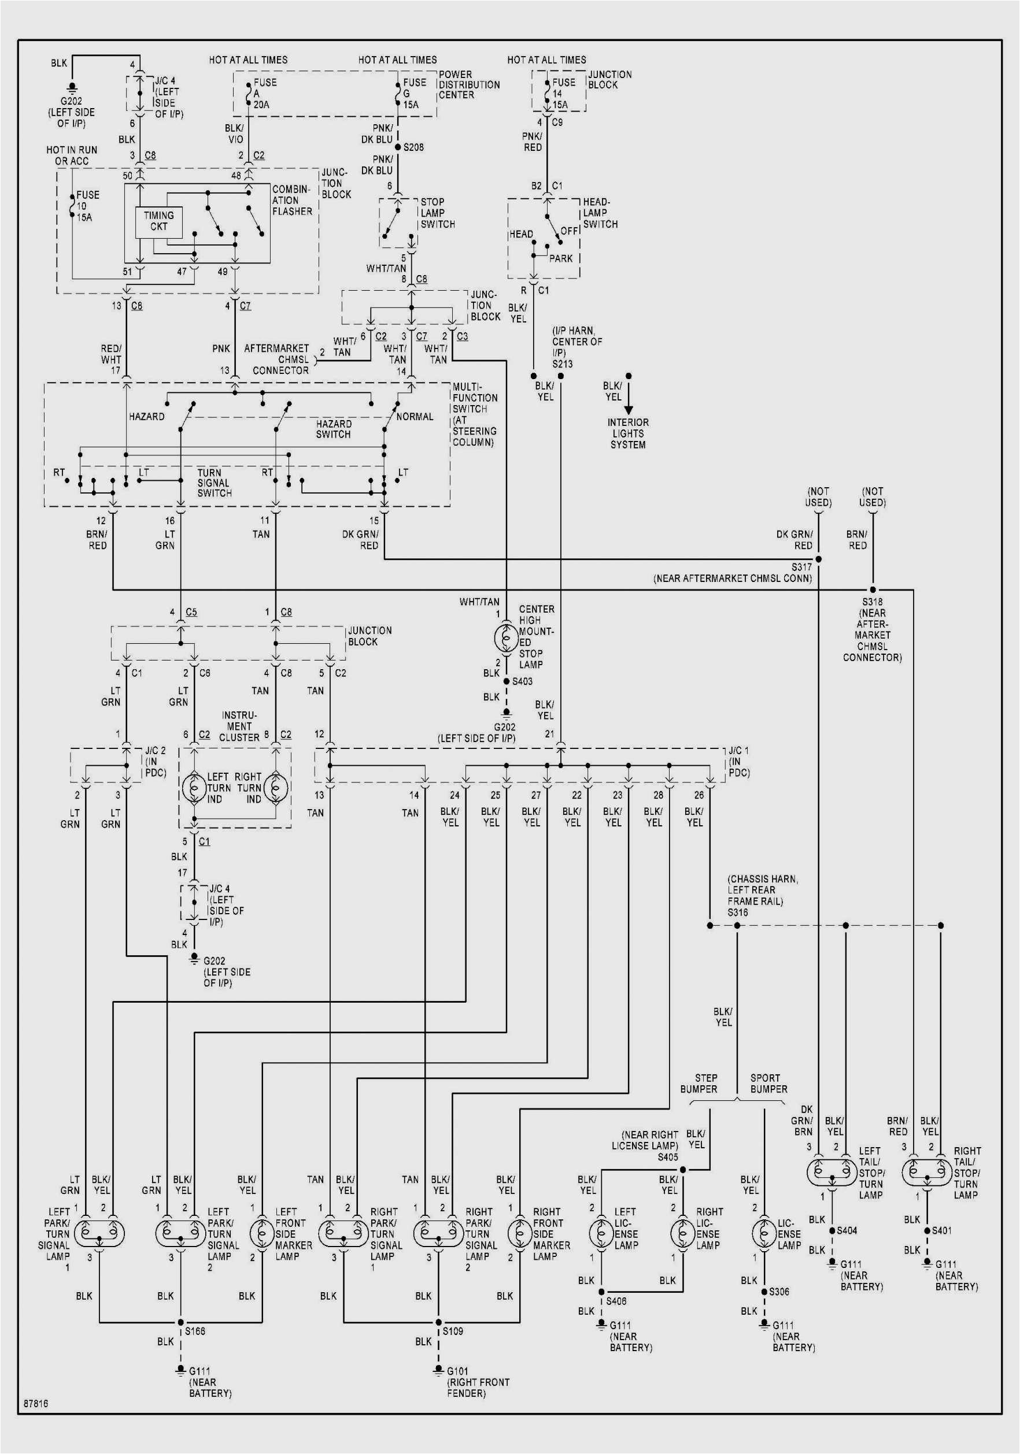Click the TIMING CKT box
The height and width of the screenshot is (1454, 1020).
click(158, 221)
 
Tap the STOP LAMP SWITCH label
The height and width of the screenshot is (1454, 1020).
click(437, 213)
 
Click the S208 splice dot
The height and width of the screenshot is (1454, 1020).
click(398, 147)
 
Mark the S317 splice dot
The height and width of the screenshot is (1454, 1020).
click(818, 559)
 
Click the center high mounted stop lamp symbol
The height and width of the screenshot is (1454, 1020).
click(505, 637)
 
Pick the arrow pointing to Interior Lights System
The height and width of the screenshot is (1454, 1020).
click(628, 399)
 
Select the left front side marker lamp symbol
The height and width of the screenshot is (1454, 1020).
click(262, 1232)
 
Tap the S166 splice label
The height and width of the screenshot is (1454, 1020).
click(194, 1330)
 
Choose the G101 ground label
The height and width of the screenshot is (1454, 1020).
click(457, 1371)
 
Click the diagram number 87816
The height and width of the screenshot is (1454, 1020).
click(36, 1403)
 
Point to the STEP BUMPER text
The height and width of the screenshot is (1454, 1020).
click(699, 1084)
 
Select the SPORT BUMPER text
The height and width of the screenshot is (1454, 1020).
click(768, 1084)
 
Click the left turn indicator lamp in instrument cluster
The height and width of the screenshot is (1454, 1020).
click(194, 788)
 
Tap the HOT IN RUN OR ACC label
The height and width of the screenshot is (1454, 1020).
click(72, 155)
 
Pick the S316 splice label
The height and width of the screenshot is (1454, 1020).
click(737, 913)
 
